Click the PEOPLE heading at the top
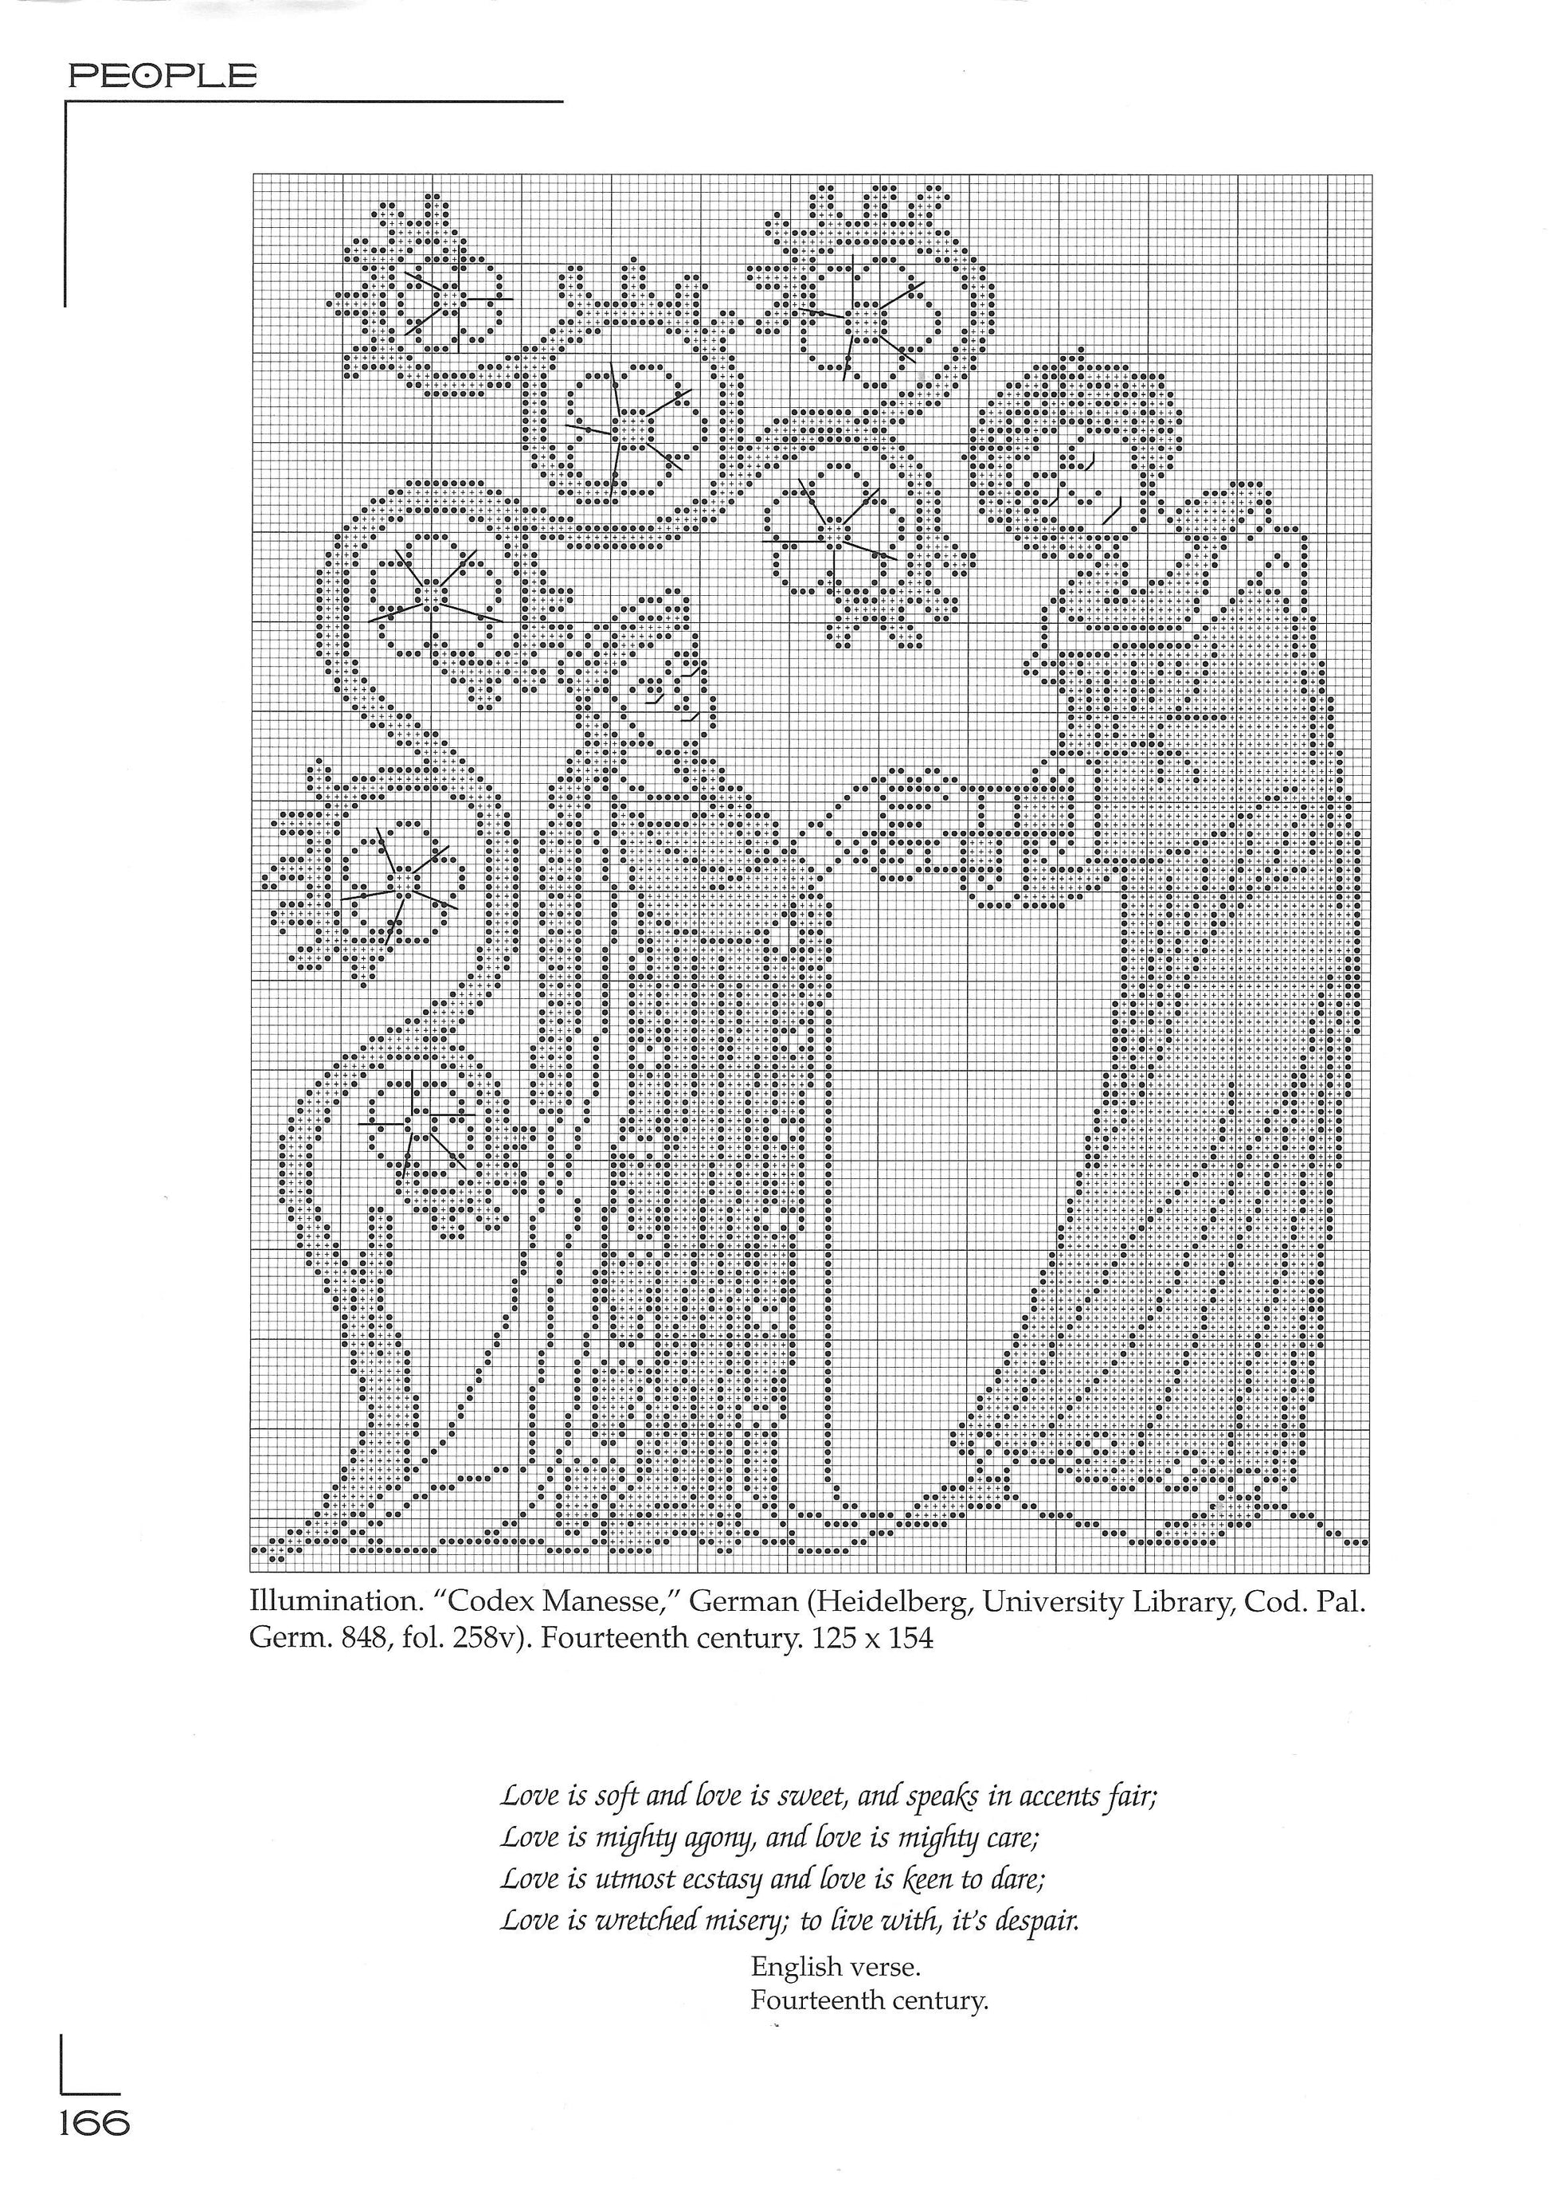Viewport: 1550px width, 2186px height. (x=162, y=76)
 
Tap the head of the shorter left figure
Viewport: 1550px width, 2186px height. (x=660, y=659)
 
